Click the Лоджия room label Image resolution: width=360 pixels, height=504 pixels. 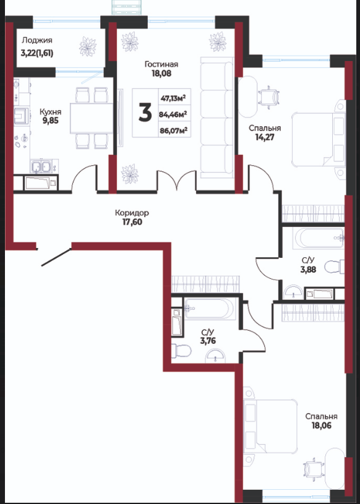click(x=37, y=41)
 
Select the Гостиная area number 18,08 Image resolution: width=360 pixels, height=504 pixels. click(x=161, y=74)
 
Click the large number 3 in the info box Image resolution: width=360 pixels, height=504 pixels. click(x=145, y=113)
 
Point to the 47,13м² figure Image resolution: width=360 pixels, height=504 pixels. click(x=174, y=98)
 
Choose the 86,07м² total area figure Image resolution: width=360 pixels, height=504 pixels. click(x=174, y=130)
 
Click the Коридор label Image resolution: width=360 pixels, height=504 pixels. click(x=132, y=213)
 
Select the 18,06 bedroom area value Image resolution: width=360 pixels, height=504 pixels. click(x=322, y=425)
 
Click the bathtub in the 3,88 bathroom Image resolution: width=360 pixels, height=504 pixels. click(x=318, y=239)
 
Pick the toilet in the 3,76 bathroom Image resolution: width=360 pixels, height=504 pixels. click(x=181, y=351)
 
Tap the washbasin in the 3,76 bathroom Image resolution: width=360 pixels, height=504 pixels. click(x=215, y=356)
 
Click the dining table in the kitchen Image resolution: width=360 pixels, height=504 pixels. click(x=92, y=118)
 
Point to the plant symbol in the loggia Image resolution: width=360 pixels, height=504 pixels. click(x=88, y=46)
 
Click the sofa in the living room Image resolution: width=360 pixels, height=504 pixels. click(x=217, y=117)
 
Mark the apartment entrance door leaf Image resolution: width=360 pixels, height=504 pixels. click(x=56, y=257)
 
